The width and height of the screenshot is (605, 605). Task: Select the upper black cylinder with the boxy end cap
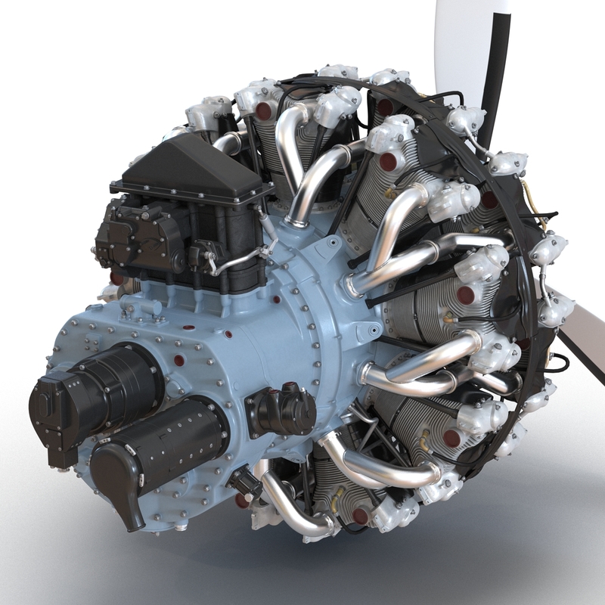(x=113, y=386)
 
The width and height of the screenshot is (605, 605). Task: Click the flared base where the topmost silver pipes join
(x=298, y=220)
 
